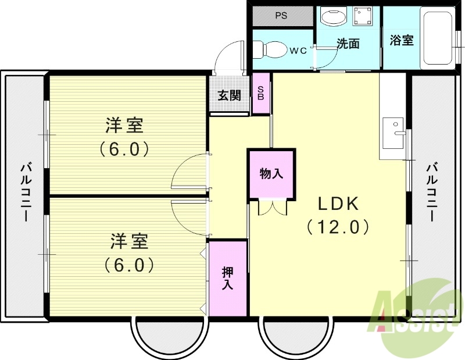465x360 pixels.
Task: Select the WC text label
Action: (x=298, y=51)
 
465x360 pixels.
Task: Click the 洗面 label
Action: (x=348, y=44)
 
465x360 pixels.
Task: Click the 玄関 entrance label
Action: (x=230, y=95)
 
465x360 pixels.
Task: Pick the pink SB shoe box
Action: (x=261, y=93)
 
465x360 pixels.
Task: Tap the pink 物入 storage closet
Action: (x=271, y=174)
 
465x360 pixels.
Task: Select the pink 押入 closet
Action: (x=228, y=279)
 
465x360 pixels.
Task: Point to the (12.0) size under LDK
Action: (x=338, y=226)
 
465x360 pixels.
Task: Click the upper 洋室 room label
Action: (x=124, y=125)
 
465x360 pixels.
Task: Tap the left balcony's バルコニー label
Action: (x=25, y=193)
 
